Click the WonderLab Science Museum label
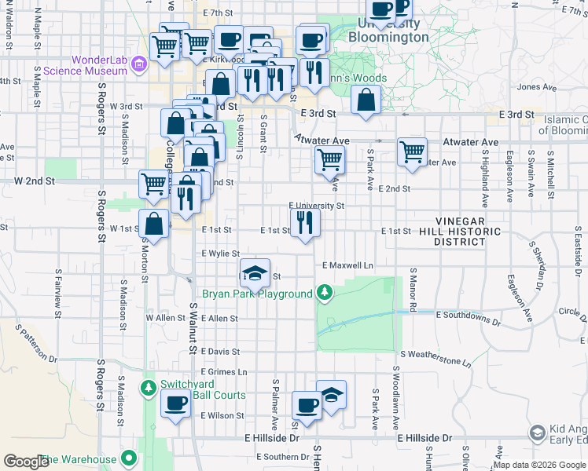[x=98, y=65]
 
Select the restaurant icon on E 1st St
[x=305, y=223]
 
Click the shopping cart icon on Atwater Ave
[x=412, y=152]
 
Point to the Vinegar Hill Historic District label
[x=469, y=232]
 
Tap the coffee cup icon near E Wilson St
[x=175, y=405]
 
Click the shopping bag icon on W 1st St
[x=155, y=225]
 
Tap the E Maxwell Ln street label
[x=347, y=265]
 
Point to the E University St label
[x=317, y=206]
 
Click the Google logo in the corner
[x=26, y=461]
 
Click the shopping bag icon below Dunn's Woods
[x=366, y=100]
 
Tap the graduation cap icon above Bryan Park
[x=255, y=273]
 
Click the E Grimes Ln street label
[x=224, y=372]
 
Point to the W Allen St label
[x=165, y=318]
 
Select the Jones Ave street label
[x=538, y=87]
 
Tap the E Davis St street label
[x=220, y=352]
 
